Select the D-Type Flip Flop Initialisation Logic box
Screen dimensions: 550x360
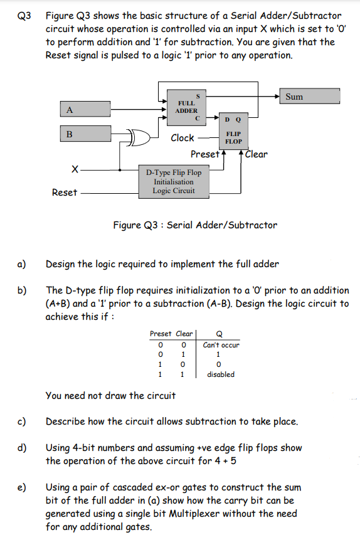pos(174,182)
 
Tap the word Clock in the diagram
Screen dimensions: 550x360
pos(183,138)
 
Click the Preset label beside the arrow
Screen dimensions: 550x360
pos(204,154)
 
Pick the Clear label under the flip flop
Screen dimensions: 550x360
pos(256,154)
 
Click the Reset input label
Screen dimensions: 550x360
pos(64,193)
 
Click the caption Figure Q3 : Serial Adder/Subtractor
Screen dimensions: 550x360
pos(194,225)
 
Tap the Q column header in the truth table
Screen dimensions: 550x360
pos(218,334)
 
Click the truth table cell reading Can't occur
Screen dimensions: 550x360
pos(221,345)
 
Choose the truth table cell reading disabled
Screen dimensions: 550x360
pos(220,374)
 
